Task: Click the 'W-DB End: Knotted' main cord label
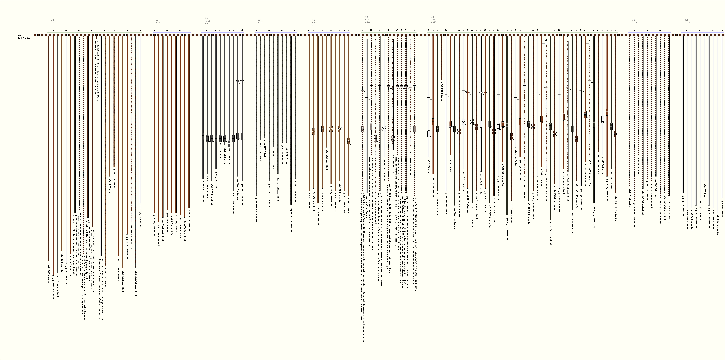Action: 24,37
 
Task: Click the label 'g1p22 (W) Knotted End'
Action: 140,216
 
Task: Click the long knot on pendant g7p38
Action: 607,112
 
